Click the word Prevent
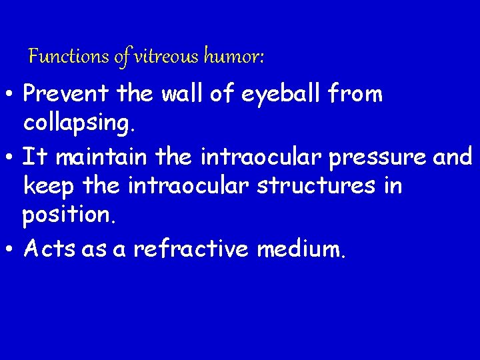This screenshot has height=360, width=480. coord(67,95)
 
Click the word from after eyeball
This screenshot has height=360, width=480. coord(360,95)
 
